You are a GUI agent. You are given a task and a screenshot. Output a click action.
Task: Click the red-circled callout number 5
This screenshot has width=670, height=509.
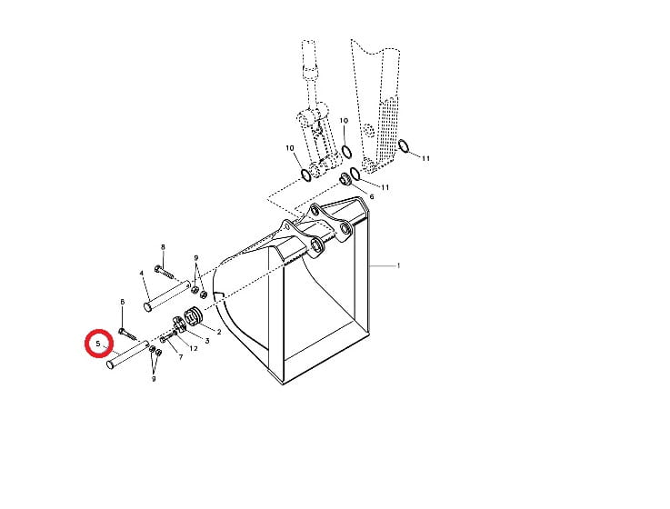click(x=98, y=344)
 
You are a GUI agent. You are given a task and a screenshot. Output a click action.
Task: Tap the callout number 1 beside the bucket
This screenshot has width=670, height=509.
click(x=399, y=265)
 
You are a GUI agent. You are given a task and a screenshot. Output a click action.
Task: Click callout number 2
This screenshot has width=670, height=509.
click(x=219, y=332)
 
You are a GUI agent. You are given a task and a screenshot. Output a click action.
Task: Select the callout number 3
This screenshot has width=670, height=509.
click(x=207, y=341)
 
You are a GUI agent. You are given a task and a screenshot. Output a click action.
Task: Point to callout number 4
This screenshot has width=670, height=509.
click(x=142, y=273)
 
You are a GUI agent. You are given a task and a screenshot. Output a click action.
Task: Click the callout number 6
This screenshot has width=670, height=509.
click(x=371, y=196)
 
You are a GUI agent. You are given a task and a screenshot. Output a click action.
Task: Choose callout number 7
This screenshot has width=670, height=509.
click(x=181, y=357)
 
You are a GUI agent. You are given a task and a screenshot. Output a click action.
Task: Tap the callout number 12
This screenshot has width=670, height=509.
click(x=194, y=348)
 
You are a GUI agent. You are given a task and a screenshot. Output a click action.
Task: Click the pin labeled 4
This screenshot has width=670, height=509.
click(x=166, y=295)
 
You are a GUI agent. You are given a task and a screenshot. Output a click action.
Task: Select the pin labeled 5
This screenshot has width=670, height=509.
click(x=127, y=354)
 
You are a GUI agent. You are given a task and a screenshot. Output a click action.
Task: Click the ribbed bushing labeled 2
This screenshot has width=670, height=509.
click(x=193, y=315)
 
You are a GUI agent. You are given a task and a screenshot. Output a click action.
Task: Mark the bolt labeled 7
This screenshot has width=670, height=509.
click(x=168, y=337)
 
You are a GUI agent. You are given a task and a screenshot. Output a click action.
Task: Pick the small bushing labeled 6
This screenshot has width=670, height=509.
click(x=345, y=179)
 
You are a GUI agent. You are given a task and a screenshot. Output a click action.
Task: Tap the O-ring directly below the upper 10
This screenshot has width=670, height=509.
click(x=346, y=151)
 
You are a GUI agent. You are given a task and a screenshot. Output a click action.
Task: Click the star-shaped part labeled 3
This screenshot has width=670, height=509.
click(x=179, y=324)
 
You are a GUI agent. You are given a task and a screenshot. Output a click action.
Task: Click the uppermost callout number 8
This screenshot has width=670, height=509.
click(x=163, y=247)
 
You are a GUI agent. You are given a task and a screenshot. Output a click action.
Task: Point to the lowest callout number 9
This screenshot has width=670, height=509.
click(x=154, y=379)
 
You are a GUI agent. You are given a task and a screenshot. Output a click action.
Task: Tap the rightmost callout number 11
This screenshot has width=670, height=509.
click(x=425, y=158)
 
